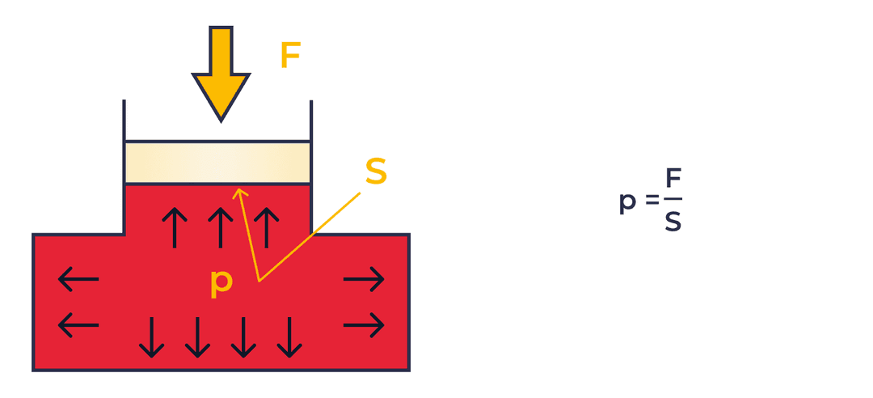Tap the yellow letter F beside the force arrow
(290, 56)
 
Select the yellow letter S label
(376, 171)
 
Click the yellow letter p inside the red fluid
(221, 282)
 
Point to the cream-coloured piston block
(217, 163)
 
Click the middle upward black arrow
(220, 227)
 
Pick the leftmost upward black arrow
(174, 227)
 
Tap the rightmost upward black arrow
(266, 227)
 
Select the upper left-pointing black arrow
(78, 280)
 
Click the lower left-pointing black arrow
(78, 325)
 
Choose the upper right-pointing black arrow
(364, 280)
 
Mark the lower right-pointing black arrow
(364, 325)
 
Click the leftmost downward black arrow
(151, 337)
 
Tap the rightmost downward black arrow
(289, 337)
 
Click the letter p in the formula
(627, 202)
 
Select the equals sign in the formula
(652, 200)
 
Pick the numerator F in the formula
(673, 179)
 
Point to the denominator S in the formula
(673, 221)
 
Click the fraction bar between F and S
(673, 199)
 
